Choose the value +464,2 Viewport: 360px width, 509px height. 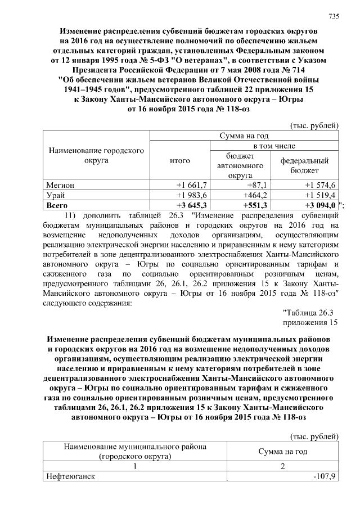tap(254, 195)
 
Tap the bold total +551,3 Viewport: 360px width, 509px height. tap(254, 205)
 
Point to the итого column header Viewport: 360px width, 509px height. tap(180, 161)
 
